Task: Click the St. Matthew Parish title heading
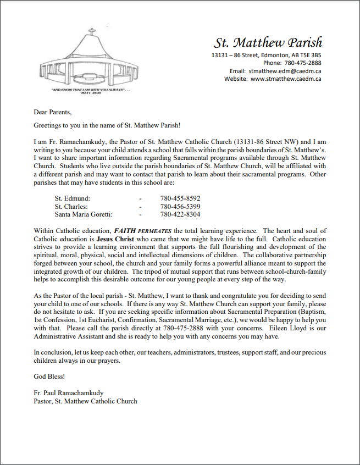[268, 42]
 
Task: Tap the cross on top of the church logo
[92, 31]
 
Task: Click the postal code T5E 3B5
[311, 56]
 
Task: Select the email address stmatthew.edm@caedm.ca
[285, 71]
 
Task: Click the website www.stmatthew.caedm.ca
[286, 79]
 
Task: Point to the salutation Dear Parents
[53, 112]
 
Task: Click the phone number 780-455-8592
[180, 198]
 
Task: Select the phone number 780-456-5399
[180, 206]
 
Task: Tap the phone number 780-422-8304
[180, 214]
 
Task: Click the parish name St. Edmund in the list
[73, 198]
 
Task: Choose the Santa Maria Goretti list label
[84, 214]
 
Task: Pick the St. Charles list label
[72, 206]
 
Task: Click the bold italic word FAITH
[125, 231]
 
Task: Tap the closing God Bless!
[49, 377]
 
